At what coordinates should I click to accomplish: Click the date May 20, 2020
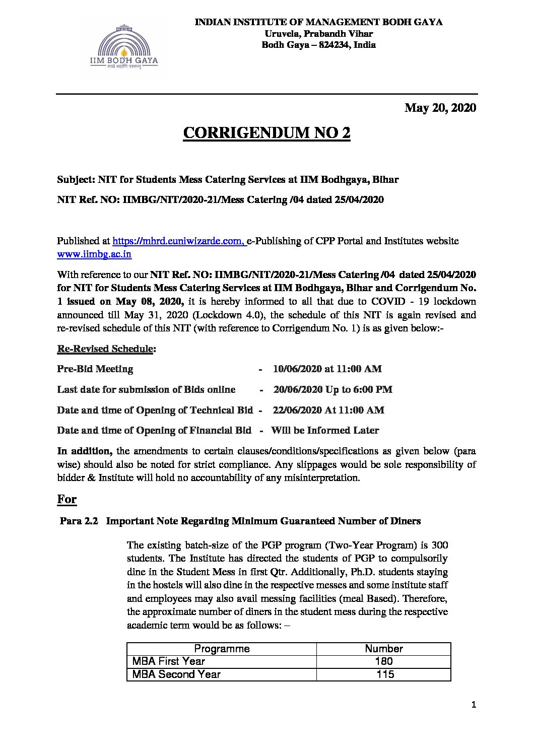pos(440,108)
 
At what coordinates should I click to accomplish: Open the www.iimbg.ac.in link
pos(94,254)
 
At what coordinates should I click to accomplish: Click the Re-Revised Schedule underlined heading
pos(105,349)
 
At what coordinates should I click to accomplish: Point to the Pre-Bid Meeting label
pos(95,369)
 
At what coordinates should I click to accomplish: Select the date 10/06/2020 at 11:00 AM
pos(327,369)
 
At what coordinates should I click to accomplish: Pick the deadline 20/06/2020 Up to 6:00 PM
pos(332,389)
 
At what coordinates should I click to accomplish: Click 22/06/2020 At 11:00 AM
pos(328,410)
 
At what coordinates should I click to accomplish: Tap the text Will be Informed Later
pos(325,431)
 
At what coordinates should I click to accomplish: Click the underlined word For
pos(66,499)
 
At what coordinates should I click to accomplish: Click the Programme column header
pos(222,649)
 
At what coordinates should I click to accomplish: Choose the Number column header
pos(383,649)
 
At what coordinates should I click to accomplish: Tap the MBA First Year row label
pos(169,661)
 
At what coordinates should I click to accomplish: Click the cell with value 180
pos(384,661)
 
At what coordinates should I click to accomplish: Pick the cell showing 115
pos(385,674)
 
